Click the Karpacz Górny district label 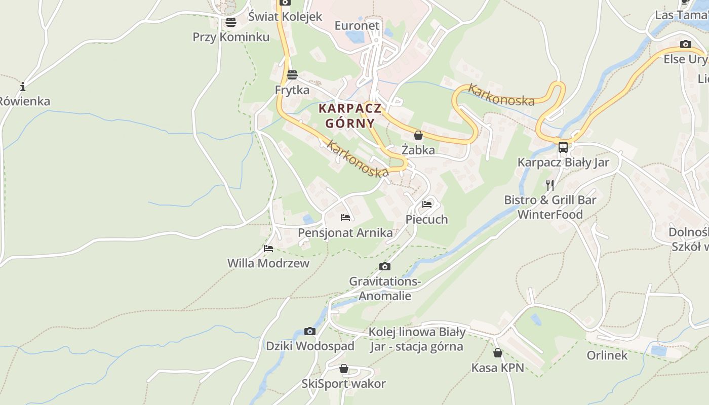[x=350, y=115]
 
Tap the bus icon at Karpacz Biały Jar [x=563, y=147]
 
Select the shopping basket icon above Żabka [x=418, y=135]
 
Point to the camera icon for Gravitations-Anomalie [x=385, y=267]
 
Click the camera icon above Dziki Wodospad [x=310, y=332]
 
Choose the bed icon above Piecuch [x=427, y=205]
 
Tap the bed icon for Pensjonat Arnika [x=345, y=218]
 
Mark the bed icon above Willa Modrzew [x=268, y=248]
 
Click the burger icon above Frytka [x=292, y=75]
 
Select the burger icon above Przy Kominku [x=231, y=22]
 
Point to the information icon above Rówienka [x=23, y=87]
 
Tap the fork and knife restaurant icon [x=550, y=185]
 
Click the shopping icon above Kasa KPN [x=498, y=353]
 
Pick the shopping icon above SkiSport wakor [x=344, y=369]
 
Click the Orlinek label [x=607, y=355]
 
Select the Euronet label [x=357, y=25]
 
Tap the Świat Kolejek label [x=285, y=16]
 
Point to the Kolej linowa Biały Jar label [x=416, y=339]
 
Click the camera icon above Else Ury [x=686, y=45]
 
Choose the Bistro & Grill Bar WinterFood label [x=550, y=207]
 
